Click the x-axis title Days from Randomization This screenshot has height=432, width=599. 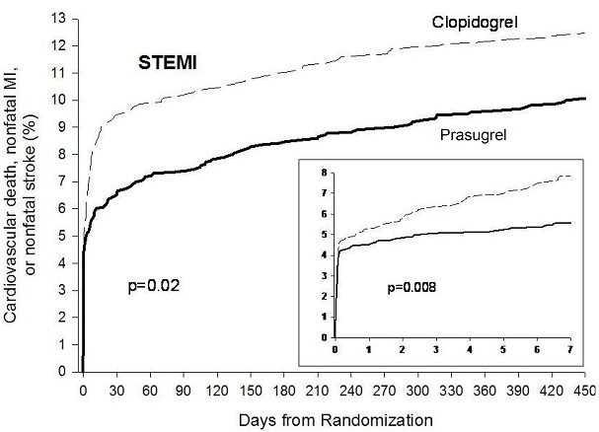coord(334,419)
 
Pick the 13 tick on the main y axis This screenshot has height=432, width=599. coord(63,19)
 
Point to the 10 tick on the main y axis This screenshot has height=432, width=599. coord(63,100)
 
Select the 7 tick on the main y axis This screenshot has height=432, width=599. coord(66,181)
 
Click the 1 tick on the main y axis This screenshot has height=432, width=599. coord(66,344)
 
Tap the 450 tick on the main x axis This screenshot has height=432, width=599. coord(585,389)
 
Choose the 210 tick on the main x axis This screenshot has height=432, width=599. coord(317,389)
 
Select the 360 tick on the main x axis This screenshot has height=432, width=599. coord(485,389)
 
